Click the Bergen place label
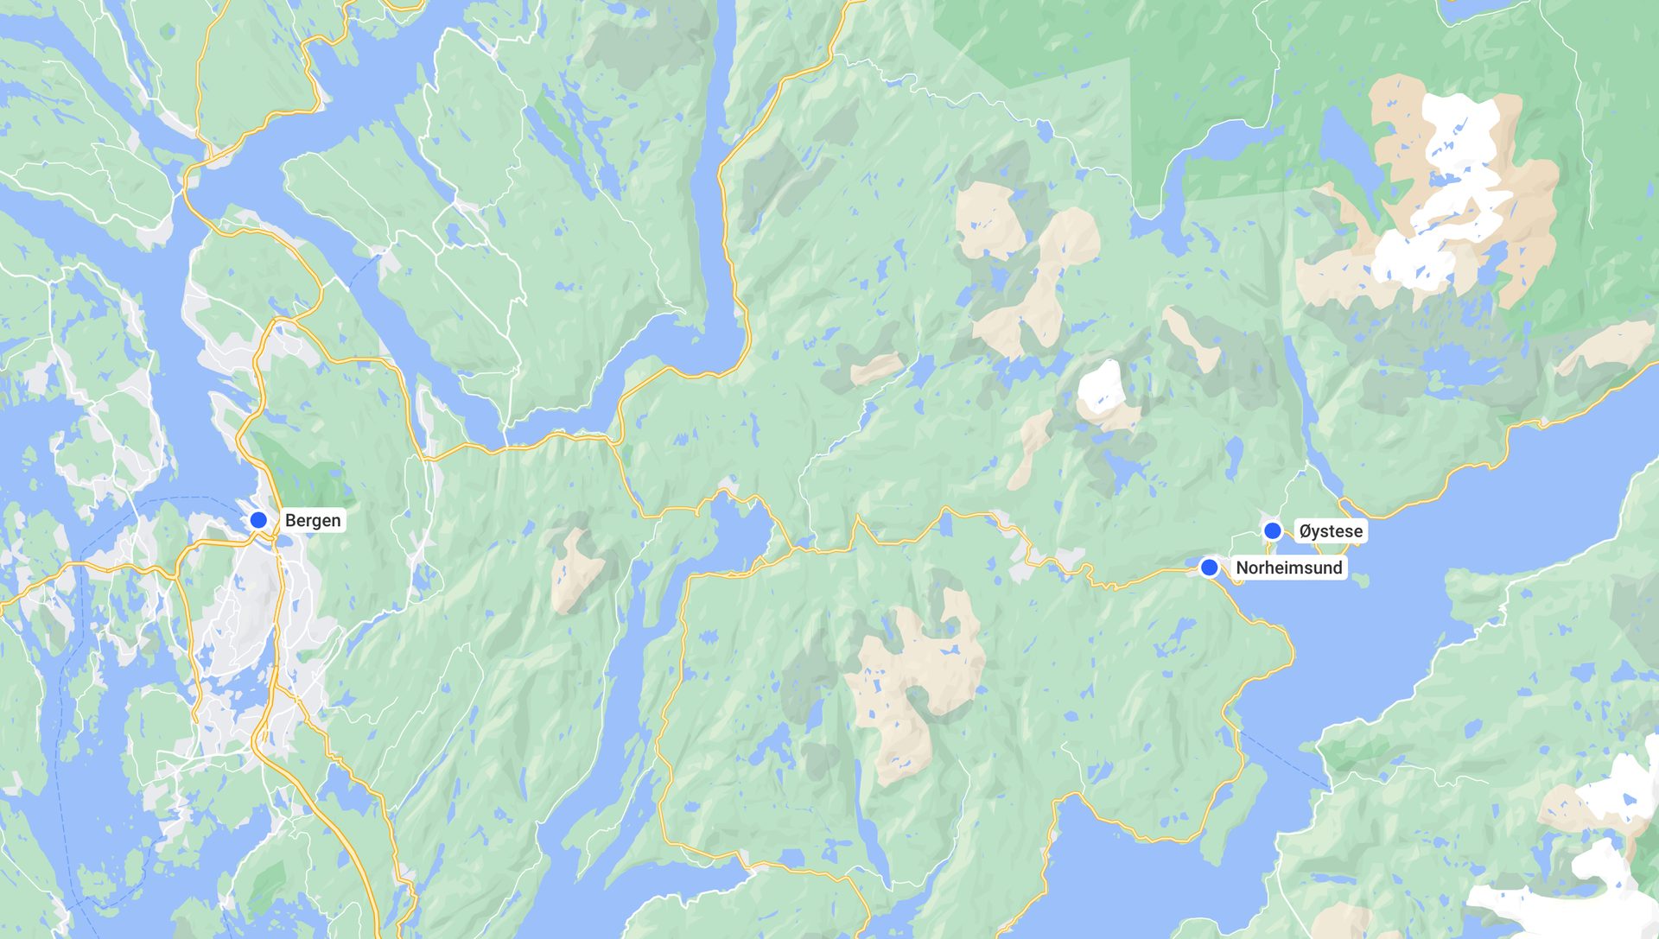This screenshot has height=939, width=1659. [313, 520]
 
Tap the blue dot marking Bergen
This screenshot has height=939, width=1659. [258, 520]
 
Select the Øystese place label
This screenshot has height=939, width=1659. [1331, 531]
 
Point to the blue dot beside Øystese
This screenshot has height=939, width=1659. [1272, 531]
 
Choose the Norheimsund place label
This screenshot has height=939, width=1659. [1288, 568]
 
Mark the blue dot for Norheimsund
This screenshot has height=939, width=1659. [1210, 568]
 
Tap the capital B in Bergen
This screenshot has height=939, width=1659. [290, 520]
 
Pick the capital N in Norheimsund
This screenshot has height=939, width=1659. [1242, 568]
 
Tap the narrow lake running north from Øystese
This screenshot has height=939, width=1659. [1296, 389]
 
